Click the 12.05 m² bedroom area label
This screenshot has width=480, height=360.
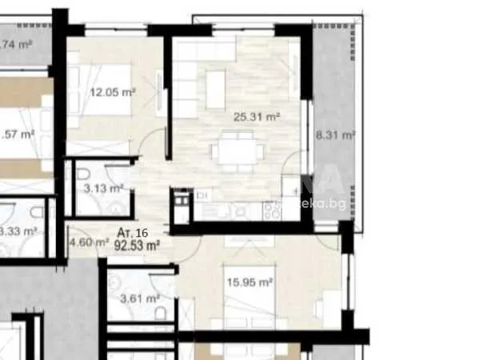point(111,93)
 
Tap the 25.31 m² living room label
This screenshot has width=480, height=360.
point(256,117)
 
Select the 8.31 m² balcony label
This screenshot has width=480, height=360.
point(335,136)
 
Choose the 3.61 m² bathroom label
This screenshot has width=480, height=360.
point(133,299)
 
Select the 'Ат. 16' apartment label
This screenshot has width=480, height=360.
point(131,233)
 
